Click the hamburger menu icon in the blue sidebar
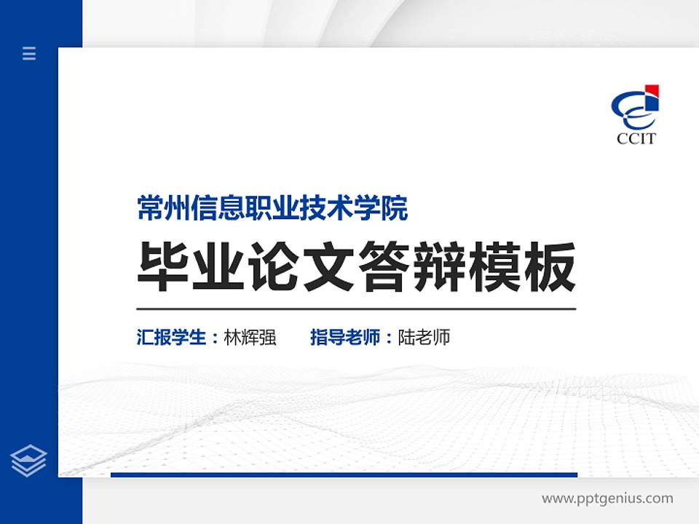(x=29, y=53)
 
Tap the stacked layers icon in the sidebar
(x=29, y=461)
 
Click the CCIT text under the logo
(x=636, y=138)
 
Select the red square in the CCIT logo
(x=652, y=91)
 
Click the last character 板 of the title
(x=548, y=267)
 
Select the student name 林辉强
(x=250, y=338)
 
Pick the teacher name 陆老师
(x=424, y=338)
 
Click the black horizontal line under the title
(x=356, y=309)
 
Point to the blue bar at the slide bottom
(x=344, y=475)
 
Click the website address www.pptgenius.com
(x=607, y=499)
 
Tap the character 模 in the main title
(x=493, y=267)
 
